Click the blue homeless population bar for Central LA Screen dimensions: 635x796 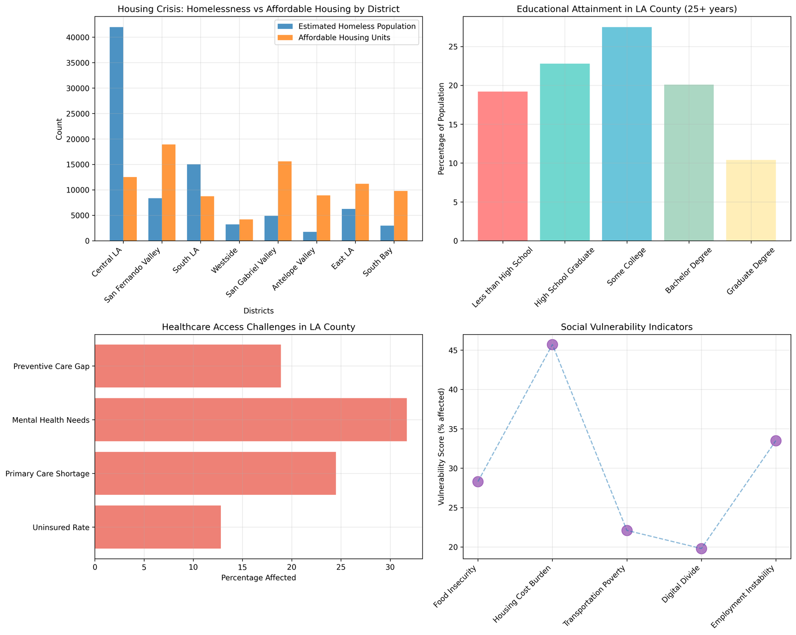click(116, 134)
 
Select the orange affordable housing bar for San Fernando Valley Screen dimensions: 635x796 click(169, 193)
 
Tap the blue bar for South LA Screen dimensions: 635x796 click(194, 202)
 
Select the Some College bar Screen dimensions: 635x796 click(626, 134)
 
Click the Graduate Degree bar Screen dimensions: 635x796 click(751, 200)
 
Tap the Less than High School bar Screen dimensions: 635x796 click(502, 166)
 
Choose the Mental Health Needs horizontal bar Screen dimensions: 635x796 click(250, 420)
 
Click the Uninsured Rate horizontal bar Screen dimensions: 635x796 click(157, 527)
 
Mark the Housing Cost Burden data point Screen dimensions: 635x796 click(552, 345)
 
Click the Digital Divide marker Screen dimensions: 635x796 click(701, 548)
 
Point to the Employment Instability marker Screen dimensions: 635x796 click(776, 441)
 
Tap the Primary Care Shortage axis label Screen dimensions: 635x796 click(47, 474)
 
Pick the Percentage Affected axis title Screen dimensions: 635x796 click(258, 578)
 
